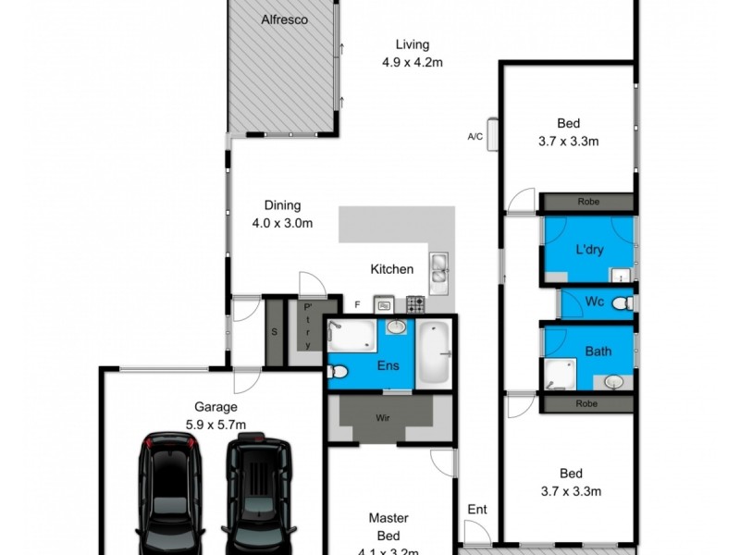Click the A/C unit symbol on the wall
[x=492, y=135]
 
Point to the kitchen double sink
[x=438, y=266]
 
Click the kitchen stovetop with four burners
[x=415, y=302]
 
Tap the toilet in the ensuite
[x=338, y=372]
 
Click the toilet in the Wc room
[x=627, y=302]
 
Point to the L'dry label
[x=589, y=251]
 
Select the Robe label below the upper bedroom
[x=587, y=201]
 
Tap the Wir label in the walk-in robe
[x=382, y=417]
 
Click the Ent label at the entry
[x=476, y=508]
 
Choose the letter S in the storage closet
[x=274, y=331]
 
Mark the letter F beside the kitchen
[x=356, y=303]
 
